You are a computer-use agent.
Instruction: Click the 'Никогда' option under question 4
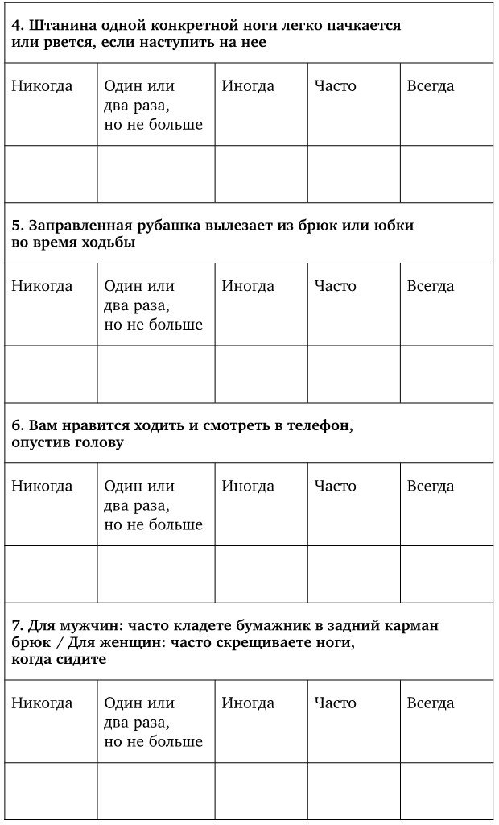[42, 86]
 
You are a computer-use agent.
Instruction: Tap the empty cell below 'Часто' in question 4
[353, 174]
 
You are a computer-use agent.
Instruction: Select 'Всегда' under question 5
[430, 286]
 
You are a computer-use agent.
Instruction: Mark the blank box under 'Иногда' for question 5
[261, 374]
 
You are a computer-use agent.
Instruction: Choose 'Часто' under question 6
[335, 486]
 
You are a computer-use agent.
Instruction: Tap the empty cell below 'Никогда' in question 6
[51, 574]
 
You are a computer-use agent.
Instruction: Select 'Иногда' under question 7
[248, 703]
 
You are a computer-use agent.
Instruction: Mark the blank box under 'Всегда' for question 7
[446, 790]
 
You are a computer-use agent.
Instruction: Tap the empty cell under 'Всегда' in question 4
[446, 174]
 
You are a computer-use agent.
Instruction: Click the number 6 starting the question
[17, 425]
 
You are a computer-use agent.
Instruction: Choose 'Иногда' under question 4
[248, 86]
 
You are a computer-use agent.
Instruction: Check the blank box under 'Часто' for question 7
[353, 790]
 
